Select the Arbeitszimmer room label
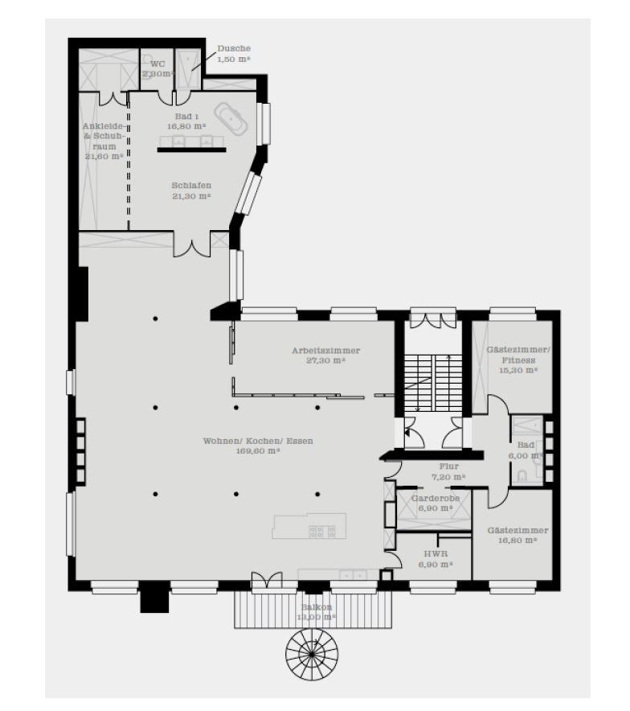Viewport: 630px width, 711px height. pyautogui.click(x=325, y=351)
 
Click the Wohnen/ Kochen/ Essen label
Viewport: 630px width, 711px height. pyautogui.click(x=258, y=441)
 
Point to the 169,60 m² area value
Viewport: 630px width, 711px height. pyautogui.click(x=258, y=451)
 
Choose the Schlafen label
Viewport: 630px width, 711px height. pyautogui.click(x=191, y=185)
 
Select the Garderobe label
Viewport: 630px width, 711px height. pyautogui.click(x=435, y=499)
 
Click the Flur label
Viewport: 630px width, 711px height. pyautogui.click(x=448, y=466)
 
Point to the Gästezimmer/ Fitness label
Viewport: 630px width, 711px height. pyautogui.click(x=517, y=355)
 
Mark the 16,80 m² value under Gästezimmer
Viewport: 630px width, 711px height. pyautogui.click(x=517, y=540)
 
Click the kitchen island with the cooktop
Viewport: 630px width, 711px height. pyautogui.click(x=309, y=527)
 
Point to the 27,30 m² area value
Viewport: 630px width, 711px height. pyautogui.click(x=325, y=361)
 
